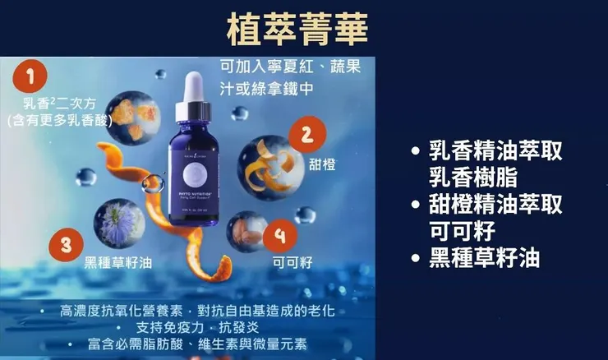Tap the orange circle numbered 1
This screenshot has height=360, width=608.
(30, 78)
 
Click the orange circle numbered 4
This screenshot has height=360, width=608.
(281, 236)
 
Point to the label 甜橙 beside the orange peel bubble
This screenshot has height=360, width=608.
(323, 164)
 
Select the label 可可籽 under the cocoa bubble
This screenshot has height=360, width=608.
(292, 262)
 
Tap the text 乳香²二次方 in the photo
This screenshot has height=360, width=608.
(53, 104)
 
